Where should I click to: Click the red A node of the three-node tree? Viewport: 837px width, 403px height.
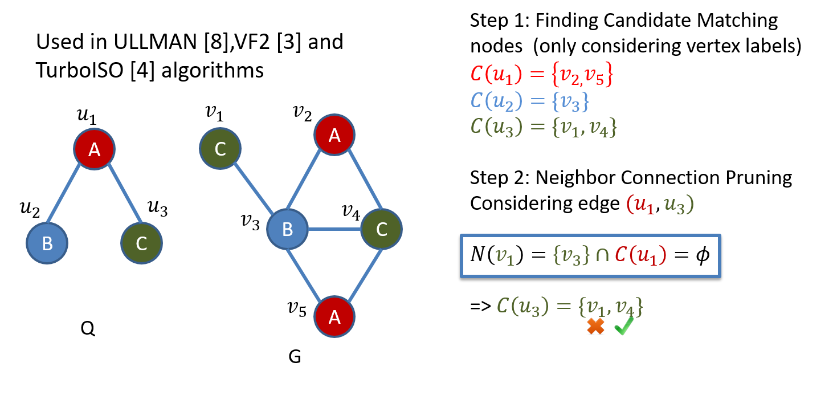coord(95,149)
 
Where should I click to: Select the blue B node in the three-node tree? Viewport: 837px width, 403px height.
coord(47,243)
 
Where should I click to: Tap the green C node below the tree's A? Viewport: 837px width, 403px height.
coord(142,243)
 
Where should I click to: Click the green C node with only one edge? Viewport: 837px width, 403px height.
coord(221,149)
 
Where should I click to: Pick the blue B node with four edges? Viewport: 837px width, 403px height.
coord(288,229)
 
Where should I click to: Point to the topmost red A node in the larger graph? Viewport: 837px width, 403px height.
coord(334,135)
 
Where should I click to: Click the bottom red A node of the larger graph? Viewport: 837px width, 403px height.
coord(334,316)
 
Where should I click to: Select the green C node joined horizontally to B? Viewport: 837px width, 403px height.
coord(382,229)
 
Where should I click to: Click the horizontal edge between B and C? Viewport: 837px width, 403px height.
coord(334,229)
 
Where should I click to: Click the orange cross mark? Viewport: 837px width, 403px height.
coord(595,326)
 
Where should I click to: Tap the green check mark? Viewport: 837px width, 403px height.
coord(624,325)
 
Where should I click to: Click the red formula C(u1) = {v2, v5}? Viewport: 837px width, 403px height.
coord(541,75)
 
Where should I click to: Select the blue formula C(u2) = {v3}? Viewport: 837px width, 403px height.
coord(529,101)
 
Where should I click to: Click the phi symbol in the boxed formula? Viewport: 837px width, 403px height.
coord(703,255)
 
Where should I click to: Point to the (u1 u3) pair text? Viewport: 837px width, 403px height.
coord(660,205)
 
